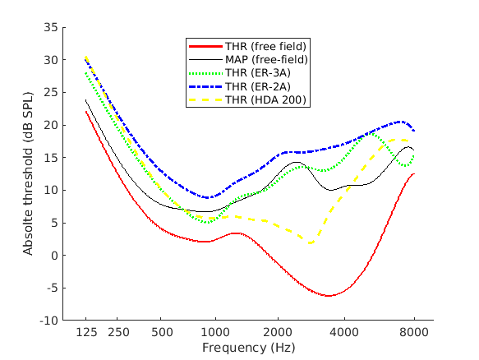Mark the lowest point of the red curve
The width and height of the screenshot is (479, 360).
[329, 296]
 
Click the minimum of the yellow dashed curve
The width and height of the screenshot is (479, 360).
[310, 243]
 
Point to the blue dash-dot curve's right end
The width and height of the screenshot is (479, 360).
[414, 131]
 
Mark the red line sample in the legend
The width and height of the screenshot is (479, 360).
[205, 45]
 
